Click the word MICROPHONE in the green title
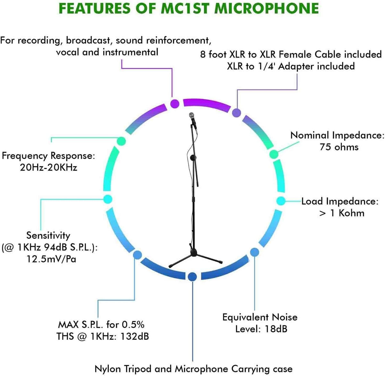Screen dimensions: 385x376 tap(267, 8)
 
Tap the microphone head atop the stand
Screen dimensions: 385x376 tap(192, 116)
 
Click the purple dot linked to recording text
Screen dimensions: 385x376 tap(175, 104)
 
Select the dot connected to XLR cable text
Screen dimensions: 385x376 tap(236, 113)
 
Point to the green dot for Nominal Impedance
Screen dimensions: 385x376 tap(274, 154)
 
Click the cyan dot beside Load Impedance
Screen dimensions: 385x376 tap(281, 201)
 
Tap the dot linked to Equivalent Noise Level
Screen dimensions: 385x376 tap(255, 252)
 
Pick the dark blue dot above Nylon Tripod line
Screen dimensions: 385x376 tap(192, 277)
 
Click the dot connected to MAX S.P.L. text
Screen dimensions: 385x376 tap(138, 255)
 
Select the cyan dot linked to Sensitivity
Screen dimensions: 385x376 tap(108, 199)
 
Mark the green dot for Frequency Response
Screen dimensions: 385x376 tap(121, 141)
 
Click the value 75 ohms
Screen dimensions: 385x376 tap(339, 147)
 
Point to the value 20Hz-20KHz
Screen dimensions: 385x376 tap(48, 167)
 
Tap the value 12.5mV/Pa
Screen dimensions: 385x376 tap(51, 259)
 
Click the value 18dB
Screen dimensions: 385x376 tap(276, 329)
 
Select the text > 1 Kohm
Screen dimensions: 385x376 tap(342, 213)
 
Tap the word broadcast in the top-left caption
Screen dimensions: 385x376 tap(88, 40)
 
